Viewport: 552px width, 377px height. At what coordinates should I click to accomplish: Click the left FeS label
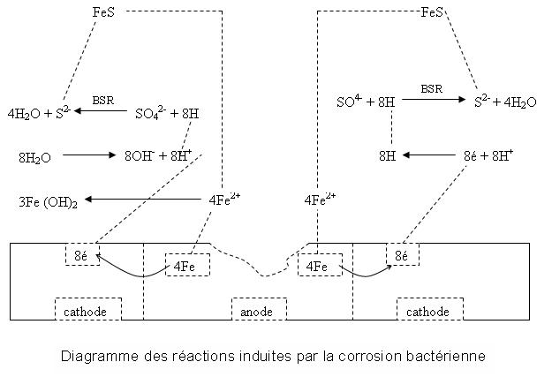pyautogui.click(x=103, y=12)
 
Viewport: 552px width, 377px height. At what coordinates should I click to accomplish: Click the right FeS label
pyautogui.click(x=434, y=12)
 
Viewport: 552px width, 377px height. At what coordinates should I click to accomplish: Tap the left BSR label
pyautogui.click(x=103, y=101)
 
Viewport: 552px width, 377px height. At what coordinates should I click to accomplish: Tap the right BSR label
pyautogui.click(x=431, y=89)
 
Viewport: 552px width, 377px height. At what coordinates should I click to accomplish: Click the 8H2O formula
pyautogui.click(x=34, y=157)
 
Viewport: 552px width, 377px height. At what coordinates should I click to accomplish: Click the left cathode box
pyautogui.click(x=88, y=312)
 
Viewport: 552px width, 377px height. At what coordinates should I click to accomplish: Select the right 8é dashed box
pyautogui.click(x=402, y=255)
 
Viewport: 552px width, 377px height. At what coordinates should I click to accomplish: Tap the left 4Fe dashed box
pyautogui.click(x=185, y=265)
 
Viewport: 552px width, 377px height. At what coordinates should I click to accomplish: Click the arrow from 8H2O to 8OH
pyautogui.click(x=89, y=155)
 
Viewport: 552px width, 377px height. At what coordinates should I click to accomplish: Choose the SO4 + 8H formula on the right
pyautogui.click(x=366, y=102)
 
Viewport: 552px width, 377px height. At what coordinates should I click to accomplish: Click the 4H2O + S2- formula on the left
pyautogui.click(x=37, y=113)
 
